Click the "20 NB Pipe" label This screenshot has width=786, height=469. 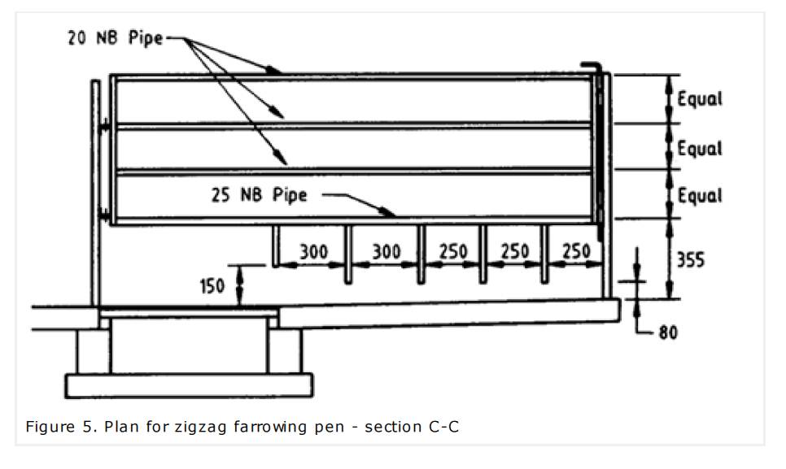click(116, 38)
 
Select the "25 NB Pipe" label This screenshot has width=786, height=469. click(260, 195)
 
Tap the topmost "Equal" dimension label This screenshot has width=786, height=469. click(700, 99)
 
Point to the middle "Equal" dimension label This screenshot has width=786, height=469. click(700, 149)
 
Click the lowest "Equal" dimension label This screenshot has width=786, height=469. click(700, 196)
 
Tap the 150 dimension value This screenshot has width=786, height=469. click(213, 288)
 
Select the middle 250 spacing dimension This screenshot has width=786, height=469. click(513, 252)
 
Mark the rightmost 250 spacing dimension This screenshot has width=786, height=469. click(575, 252)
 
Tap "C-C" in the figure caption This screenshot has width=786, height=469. click(443, 426)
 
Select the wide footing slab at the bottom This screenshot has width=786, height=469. click(189, 384)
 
